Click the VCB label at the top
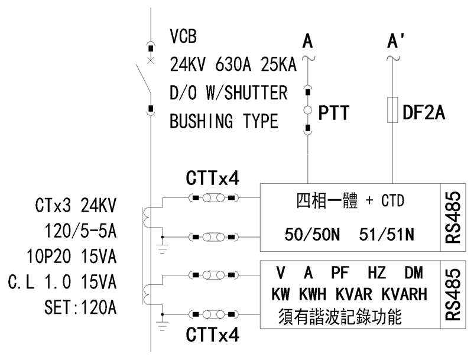pyautogui.click(x=183, y=37)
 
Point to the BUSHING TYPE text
pyautogui.click(x=224, y=122)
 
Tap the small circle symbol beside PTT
pyautogui.click(x=307, y=111)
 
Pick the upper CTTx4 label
pyautogui.click(x=213, y=177)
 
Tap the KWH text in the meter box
pyautogui.click(x=313, y=294)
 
